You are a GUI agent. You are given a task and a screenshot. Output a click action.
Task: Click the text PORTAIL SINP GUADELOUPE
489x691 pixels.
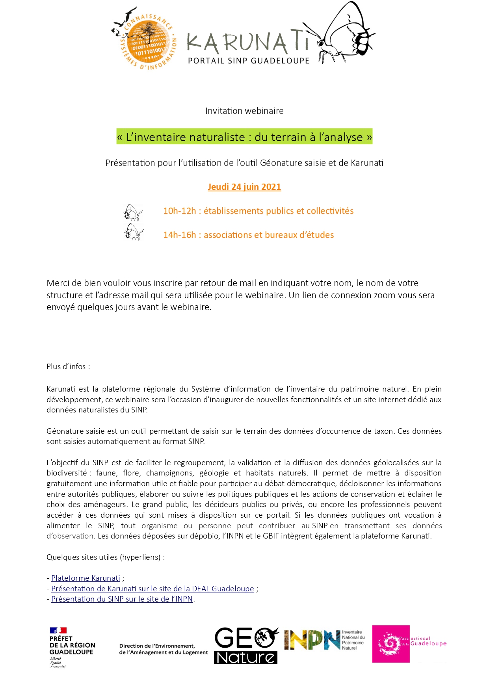(x=249, y=61)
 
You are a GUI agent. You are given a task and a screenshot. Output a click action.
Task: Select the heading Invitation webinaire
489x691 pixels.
(x=244, y=111)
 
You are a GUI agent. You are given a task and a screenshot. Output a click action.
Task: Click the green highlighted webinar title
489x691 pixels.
(x=244, y=137)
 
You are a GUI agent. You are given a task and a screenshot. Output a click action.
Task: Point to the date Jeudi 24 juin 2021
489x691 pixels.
(x=244, y=187)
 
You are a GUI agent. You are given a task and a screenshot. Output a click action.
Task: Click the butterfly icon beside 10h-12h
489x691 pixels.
(x=133, y=212)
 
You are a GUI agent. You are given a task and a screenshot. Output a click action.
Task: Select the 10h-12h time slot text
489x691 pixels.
(x=179, y=211)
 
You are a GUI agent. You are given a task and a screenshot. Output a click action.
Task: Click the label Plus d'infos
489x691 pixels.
(x=68, y=367)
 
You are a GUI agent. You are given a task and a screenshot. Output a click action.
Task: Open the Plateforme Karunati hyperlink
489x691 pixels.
(x=86, y=578)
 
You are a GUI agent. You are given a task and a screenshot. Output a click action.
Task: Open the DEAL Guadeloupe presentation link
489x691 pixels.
(x=152, y=589)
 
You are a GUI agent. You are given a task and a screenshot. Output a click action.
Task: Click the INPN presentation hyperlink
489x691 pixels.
(x=122, y=599)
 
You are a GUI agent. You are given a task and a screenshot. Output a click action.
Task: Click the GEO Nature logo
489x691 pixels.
(x=246, y=646)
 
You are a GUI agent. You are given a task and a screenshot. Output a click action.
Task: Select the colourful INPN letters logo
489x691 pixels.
(x=311, y=640)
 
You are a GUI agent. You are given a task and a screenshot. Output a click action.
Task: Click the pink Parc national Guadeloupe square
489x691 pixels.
(x=390, y=644)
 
